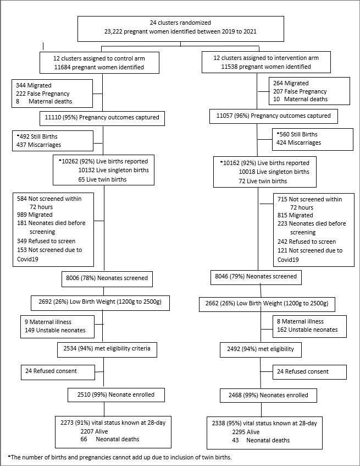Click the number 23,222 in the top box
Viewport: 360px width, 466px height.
113,31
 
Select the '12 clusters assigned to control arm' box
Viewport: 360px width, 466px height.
99,63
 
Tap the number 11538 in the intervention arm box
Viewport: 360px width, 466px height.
229,67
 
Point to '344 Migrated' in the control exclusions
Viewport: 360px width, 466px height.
34,86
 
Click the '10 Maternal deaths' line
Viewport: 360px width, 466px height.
300,99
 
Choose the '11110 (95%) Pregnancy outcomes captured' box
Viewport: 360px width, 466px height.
102,118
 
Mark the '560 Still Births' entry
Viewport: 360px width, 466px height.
297,134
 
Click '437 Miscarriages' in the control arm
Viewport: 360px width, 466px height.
39,145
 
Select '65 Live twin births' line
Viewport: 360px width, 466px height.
102,179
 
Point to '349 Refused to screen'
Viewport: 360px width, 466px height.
46,241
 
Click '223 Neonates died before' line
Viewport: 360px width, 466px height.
312,223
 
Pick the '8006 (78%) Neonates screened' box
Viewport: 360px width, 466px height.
107,279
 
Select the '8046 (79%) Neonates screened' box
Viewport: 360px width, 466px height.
256,277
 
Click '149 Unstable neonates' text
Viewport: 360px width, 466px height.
55,330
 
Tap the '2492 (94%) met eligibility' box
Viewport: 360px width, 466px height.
261,349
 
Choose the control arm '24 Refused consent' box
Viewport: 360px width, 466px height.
58,372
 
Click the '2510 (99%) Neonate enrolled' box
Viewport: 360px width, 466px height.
116,395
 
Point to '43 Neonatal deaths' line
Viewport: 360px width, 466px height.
261,440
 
